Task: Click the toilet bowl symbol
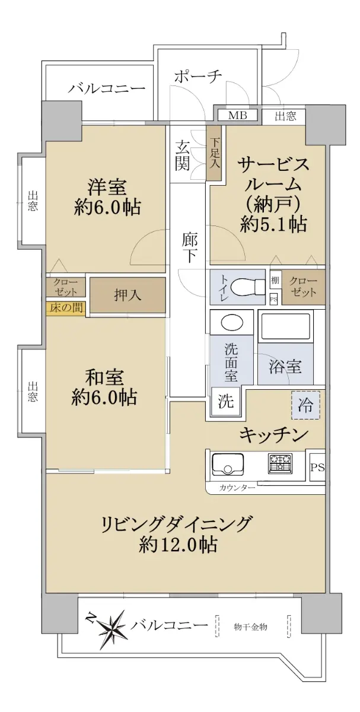(x=248, y=287)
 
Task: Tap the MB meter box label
(x=238, y=115)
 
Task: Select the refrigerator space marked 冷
(x=305, y=405)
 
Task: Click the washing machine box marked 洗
(x=226, y=402)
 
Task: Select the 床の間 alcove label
(x=66, y=308)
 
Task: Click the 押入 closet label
(x=128, y=295)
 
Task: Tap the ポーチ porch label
(x=197, y=76)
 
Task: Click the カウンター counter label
(x=237, y=488)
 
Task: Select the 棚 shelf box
(x=275, y=280)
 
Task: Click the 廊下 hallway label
(x=189, y=248)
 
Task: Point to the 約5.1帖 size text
(x=273, y=224)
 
